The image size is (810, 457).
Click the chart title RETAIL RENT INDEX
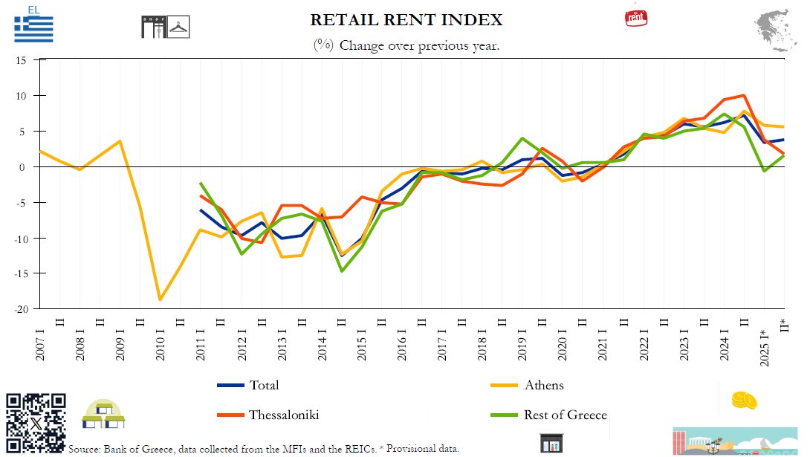406,19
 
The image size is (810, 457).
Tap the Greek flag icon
33,29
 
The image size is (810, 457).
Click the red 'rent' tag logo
636,18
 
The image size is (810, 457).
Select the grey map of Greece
775,30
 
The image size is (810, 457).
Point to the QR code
36,423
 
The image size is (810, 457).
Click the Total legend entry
248,385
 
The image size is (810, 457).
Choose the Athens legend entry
527,385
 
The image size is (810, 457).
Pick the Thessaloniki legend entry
268,415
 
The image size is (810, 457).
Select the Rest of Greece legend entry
548,415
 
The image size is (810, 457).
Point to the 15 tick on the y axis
21,60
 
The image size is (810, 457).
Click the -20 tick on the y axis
21,309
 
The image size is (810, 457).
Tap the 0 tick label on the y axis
22,167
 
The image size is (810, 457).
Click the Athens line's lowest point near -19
160,299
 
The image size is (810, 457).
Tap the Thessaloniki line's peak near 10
744,95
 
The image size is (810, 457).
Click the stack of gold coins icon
745,401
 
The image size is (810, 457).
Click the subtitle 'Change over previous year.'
419,45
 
